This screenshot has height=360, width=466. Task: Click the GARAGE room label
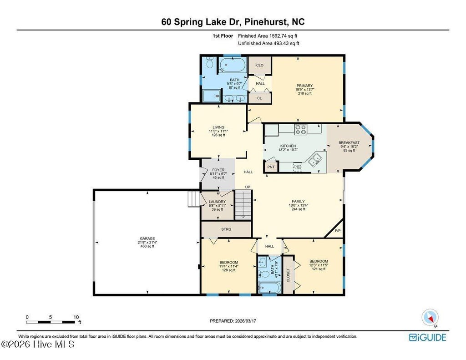147,238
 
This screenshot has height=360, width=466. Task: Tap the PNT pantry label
271,167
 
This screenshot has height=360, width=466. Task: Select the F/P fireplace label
338,231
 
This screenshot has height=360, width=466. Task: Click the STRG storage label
226,229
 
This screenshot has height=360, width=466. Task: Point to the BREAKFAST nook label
349,143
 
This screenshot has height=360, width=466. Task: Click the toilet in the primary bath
210,62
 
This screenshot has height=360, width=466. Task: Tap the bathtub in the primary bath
233,65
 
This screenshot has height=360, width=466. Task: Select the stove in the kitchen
300,129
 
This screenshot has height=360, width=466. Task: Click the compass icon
430,317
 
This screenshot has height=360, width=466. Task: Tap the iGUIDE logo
428,337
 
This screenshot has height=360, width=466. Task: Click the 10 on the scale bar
76,317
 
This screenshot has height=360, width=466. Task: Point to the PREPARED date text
233,321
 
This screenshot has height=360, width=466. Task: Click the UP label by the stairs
248,187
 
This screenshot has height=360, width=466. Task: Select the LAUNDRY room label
217,202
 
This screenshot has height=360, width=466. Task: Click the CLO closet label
260,65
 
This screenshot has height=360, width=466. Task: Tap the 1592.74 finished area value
279,35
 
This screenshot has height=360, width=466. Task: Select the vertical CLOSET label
288,275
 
